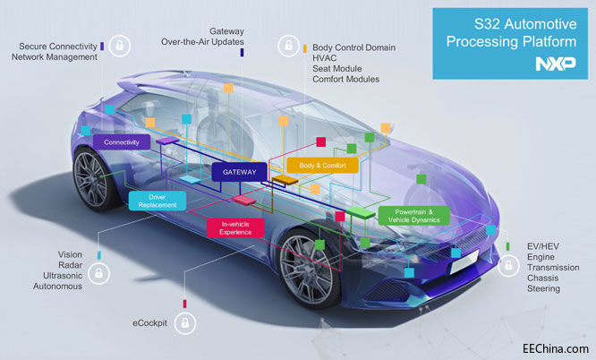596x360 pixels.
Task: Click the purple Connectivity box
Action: click(x=121, y=142)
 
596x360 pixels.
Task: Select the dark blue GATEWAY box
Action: click(x=235, y=172)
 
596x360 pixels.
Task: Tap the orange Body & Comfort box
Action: click(x=322, y=165)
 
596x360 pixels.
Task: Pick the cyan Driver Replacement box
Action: click(x=157, y=201)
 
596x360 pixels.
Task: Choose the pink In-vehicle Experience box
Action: click(x=236, y=227)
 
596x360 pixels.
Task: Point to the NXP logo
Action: click(x=554, y=64)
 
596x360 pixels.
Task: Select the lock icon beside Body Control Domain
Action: click(x=288, y=44)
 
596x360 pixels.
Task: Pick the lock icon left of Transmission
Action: click(x=508, y=266)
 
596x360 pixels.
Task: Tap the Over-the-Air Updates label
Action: click(x=202, y=41)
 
